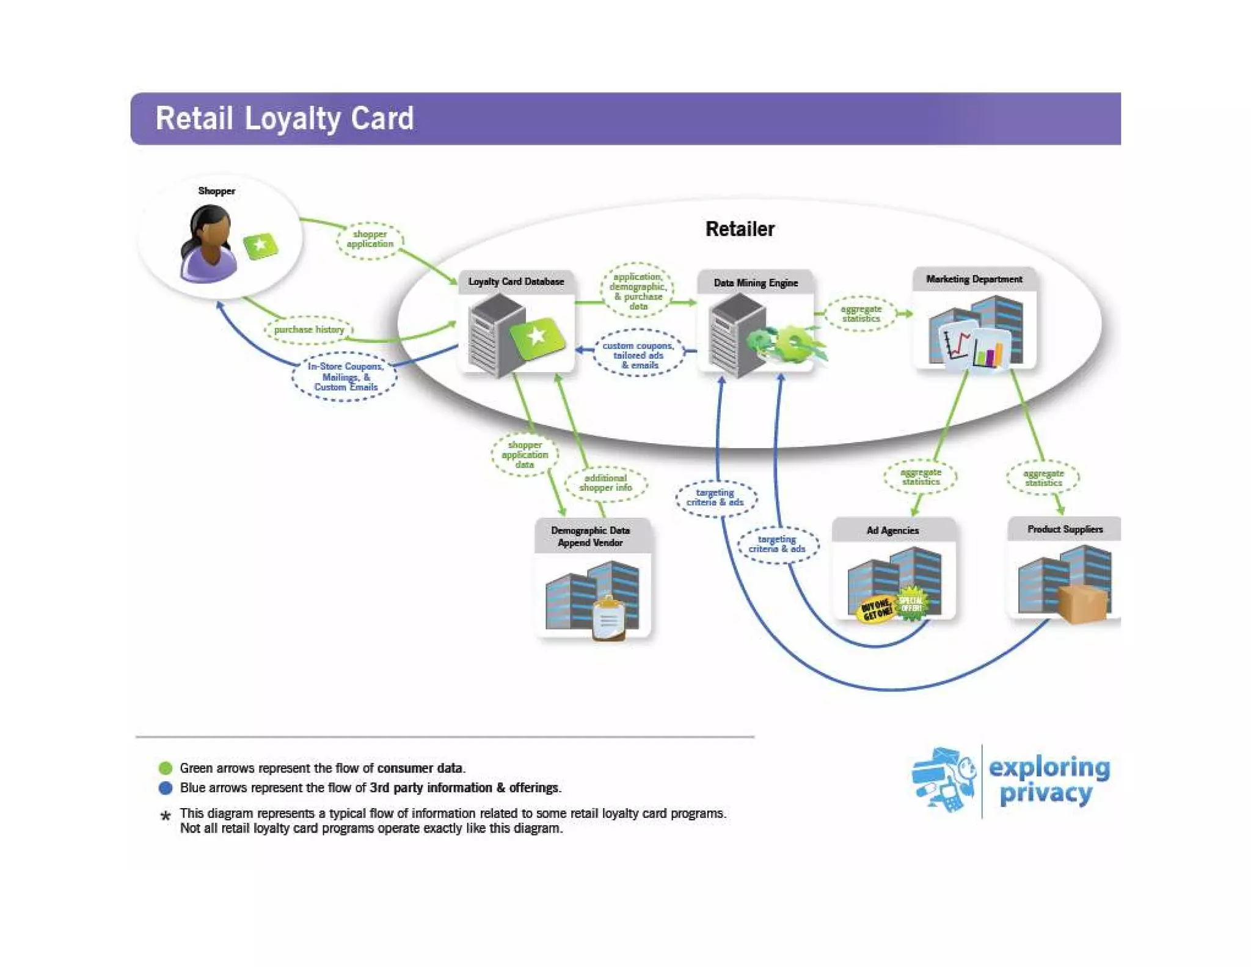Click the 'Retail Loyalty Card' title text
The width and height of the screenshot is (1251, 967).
pos(285,119)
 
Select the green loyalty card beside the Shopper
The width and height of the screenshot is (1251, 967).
pos(261,246)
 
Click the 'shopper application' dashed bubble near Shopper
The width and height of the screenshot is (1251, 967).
pos(370,240)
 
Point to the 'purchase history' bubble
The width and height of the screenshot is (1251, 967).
pos(309,329)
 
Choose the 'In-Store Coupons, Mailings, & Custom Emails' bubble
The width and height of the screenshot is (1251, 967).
pos(346,377)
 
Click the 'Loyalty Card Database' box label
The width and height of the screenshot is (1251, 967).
pos(516,282)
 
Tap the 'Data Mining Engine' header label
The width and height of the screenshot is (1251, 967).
pos(756,283)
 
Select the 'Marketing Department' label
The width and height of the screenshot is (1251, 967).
pos(974,279)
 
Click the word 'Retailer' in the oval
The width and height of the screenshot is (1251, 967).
pos(740,229)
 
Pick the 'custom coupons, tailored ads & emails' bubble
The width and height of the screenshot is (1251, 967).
pos(638,355)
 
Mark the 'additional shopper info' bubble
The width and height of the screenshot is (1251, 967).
pos(605,483)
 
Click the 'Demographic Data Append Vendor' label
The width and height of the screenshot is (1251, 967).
pos(590,537)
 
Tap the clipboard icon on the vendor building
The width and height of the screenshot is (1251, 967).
pos(609,619)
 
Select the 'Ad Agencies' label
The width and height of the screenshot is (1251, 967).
pos(892,531)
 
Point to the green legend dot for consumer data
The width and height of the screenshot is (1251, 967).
pos(166,768)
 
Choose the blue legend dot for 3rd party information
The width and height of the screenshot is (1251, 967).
pos(166,788)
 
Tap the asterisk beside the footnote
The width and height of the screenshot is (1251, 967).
pos(165,816)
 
